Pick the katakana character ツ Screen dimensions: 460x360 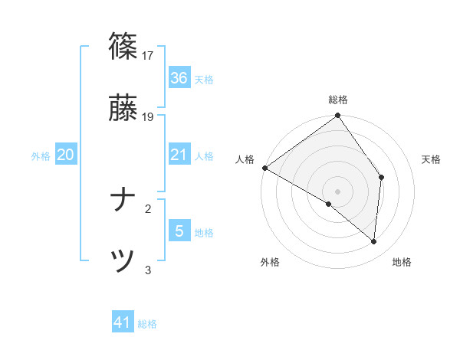pos(123,261)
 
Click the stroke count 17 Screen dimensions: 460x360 pos(148,55)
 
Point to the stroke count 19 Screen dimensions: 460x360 pos(148,117)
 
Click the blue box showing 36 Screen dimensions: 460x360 pos(179,78)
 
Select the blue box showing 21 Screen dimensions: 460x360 pos(179,155)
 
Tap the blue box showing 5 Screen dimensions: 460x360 pos(179,231)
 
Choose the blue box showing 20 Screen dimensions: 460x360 pos(65,155)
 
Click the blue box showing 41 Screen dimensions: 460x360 pos(123,323)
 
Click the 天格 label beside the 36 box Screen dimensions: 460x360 pos(204,80)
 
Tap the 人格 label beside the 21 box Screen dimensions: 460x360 pos(204,156)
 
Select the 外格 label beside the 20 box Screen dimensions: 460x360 pos(41,156)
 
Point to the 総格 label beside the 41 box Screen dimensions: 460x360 pos(147,325)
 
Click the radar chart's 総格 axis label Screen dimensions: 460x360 pos(338,100)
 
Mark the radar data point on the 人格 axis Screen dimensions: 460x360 pos(264,168)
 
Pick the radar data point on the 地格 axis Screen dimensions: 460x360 pos(374,242)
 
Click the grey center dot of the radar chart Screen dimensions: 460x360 pos(338,191)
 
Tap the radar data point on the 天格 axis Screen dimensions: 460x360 pos(382,177)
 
